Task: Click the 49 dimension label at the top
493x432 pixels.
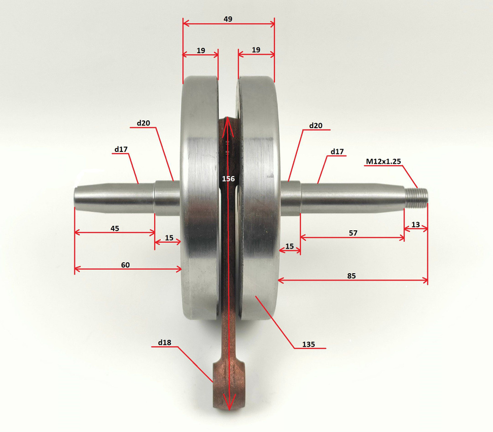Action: [x=228, y=19]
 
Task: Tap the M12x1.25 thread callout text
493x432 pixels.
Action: [x=383, y=161]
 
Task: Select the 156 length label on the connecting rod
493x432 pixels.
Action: [x=228, y=179]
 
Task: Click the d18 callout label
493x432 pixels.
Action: [x=165, y=342]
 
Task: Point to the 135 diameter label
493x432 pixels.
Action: [x=309, y=344]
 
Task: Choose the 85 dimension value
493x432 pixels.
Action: [x=352, y=276]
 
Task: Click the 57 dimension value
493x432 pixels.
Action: [x=353, y=233]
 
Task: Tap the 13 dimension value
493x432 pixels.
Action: [x=416, y=224]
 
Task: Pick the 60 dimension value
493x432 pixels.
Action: [x=125, y=265]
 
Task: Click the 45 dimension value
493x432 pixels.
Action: [x=115, y=229]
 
